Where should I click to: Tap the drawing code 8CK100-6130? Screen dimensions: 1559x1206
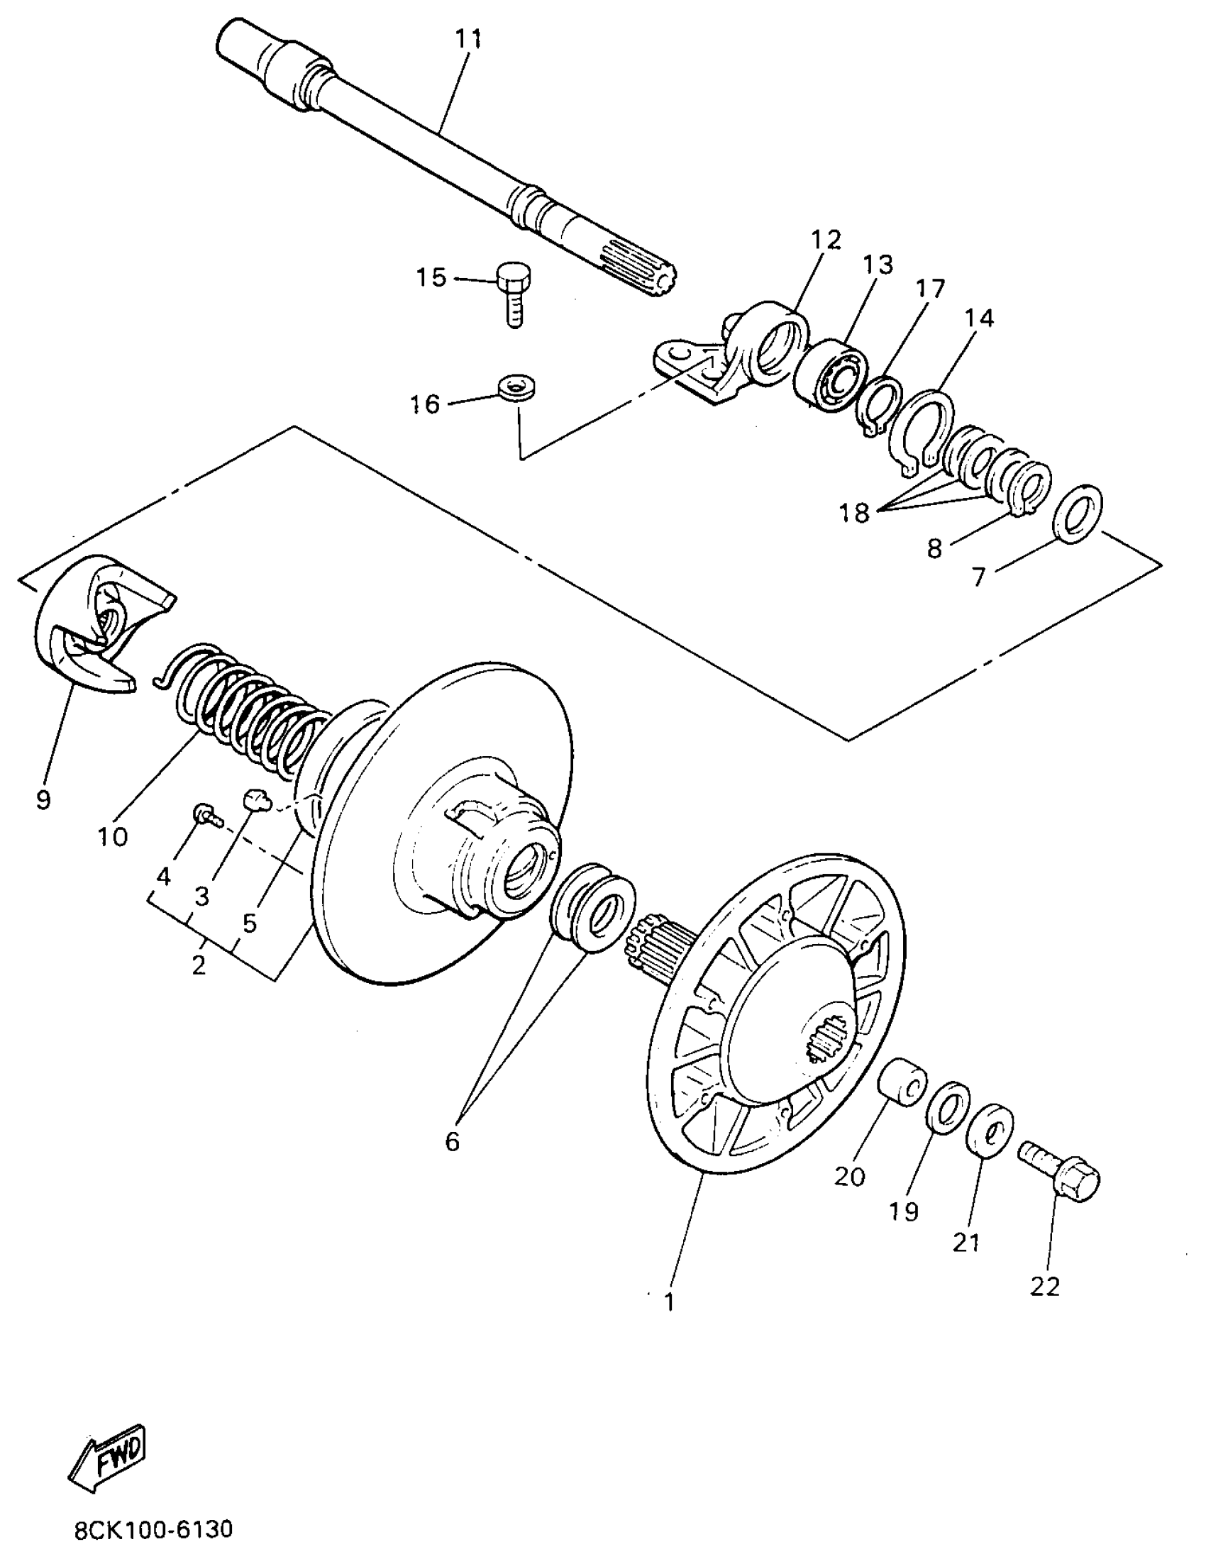[153, 1530]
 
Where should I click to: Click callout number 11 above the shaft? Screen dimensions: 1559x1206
[468, 40]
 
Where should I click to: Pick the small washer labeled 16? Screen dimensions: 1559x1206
[518, 390]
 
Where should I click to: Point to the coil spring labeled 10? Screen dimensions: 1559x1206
[250, 714]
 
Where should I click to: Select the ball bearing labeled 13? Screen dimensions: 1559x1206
[831, 375]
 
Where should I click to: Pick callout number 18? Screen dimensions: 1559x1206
[854, 511]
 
